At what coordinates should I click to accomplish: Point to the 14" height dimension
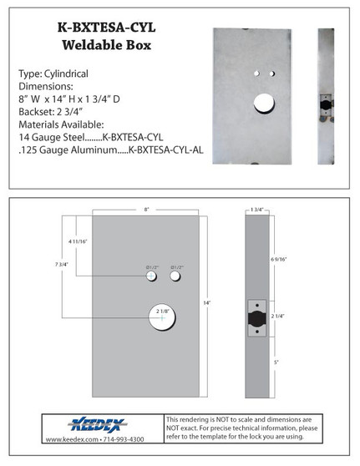point(206,301)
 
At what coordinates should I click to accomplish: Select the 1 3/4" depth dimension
point(256,209)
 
